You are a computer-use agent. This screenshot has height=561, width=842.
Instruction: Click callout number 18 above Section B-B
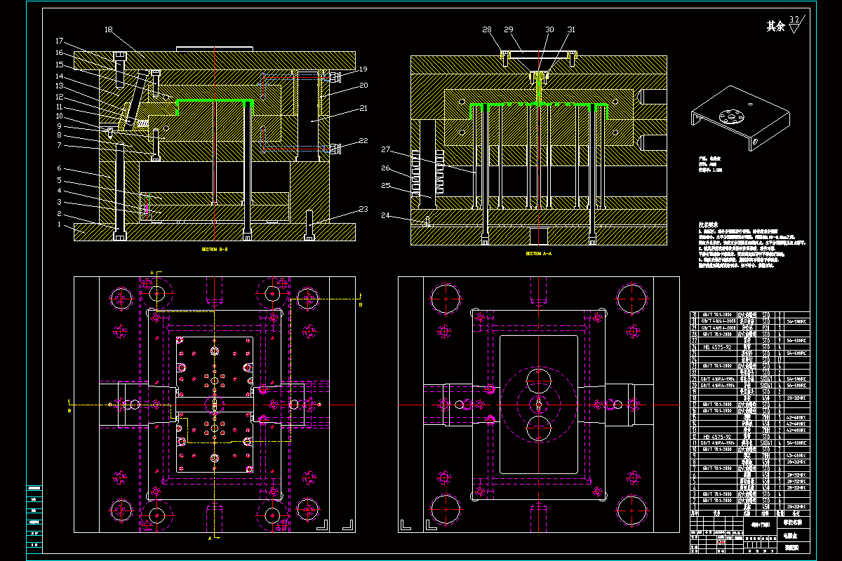click(108, 30)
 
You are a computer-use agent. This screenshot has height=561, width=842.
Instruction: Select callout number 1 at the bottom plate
click(59, 224)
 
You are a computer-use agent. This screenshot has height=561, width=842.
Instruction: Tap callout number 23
click(363, 209)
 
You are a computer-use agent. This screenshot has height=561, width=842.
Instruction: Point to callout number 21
click(363, 108)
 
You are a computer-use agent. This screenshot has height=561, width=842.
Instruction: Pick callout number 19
click(363, 69)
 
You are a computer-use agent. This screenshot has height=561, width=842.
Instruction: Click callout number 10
click(59, 116)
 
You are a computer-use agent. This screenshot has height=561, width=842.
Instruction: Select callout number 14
click(59, 76)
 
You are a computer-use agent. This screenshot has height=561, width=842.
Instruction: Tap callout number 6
click(59, 168)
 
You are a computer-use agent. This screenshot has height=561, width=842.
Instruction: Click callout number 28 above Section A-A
click(487, 30)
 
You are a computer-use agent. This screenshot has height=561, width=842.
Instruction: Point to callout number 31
click(571, 30)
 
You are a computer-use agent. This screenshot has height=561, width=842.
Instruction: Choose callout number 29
click(508, 30)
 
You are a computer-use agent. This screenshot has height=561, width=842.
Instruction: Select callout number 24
click(385, 215)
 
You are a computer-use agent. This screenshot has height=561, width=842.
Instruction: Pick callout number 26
click(385, 168)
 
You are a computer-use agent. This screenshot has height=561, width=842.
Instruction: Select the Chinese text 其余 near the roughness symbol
click(775, 27)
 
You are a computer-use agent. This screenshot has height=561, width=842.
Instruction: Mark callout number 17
click(59, 41)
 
